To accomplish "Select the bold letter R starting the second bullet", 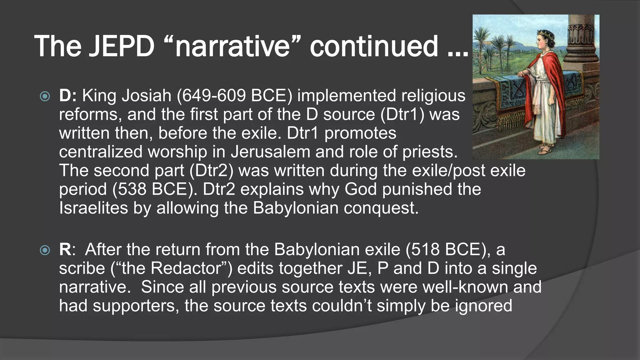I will click(65, 249).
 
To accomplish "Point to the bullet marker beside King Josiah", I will click(45, 96).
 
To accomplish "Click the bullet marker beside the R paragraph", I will click(45, 250).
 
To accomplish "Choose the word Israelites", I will click(93, 208).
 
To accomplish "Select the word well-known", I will click(465, 287).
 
